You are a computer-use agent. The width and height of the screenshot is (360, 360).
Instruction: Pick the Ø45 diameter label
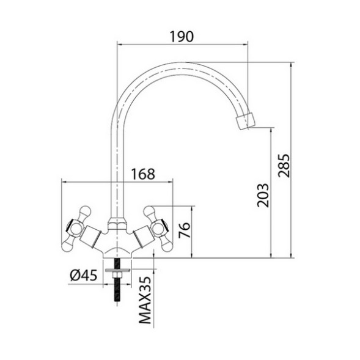(82, 276)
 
